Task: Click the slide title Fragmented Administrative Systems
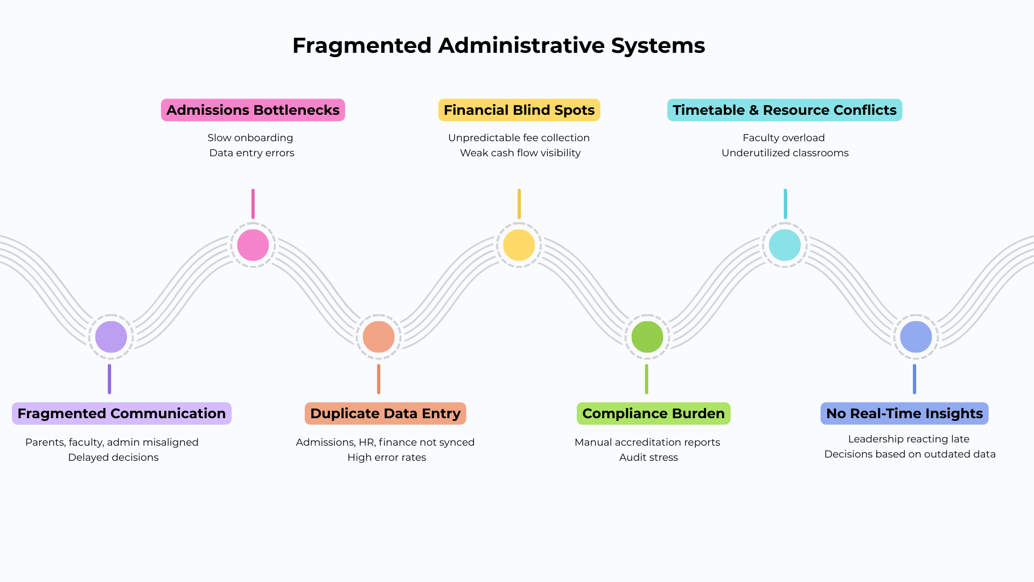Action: coord(498,46)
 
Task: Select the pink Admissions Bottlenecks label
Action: coord(253,110)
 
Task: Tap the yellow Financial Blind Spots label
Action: coord(519,110)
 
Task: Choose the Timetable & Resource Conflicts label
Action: coord(784,110)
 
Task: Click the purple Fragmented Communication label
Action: coord(121,413)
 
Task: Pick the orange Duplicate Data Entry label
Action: coord(385,413)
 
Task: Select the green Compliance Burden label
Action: coord(653,413)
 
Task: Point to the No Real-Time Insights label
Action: coord(904,413)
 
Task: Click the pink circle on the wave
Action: coord(253,245)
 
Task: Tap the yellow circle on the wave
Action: coord(519,245)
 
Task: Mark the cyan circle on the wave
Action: coord(785,245)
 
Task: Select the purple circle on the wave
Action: coord(111,337)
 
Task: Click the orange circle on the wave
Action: coord(379,337)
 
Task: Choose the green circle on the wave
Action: coord(647,337)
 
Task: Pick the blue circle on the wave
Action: coord(916,337)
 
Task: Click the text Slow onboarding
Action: coord(250,138)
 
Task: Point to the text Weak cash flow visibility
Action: coord(520,153)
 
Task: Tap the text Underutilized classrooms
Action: coord(785,153)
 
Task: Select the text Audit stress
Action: coord(648,458)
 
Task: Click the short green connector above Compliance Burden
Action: coord(646,379)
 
